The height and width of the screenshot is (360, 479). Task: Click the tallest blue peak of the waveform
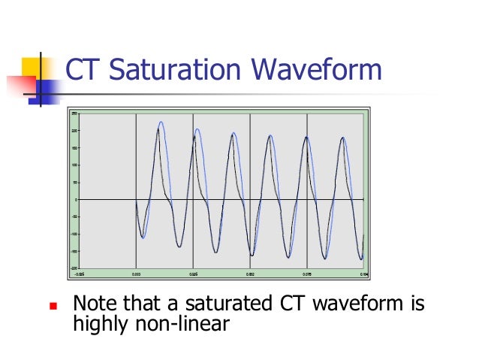tap(161, 123)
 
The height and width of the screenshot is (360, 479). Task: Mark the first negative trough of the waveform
tap(143, 237)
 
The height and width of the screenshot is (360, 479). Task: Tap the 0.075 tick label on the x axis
tap(307, 274)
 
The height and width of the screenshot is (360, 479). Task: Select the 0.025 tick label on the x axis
tap(193, 274)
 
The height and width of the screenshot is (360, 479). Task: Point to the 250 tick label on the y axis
tap(74, 113)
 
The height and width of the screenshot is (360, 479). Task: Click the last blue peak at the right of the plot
tap(344, 138)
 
